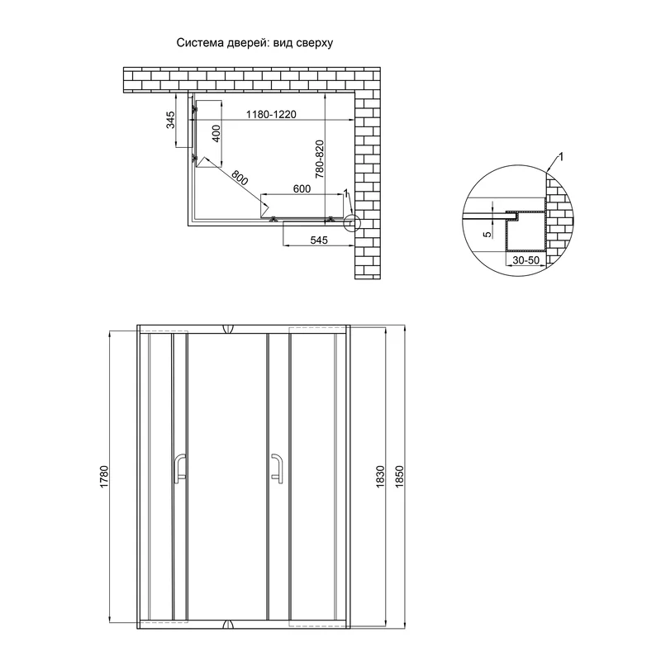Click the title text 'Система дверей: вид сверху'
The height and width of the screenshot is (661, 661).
254,43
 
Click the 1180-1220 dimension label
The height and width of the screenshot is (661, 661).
271,114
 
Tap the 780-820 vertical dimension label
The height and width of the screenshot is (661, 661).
319,159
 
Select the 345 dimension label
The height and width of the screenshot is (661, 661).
170,120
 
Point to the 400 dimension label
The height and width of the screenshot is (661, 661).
216,134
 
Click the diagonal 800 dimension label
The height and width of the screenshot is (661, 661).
240,178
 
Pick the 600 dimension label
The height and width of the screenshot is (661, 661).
302,189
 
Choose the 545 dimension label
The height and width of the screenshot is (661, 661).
319,240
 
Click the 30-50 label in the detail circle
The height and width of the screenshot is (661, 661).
525,260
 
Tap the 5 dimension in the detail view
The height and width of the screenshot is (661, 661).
487,235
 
